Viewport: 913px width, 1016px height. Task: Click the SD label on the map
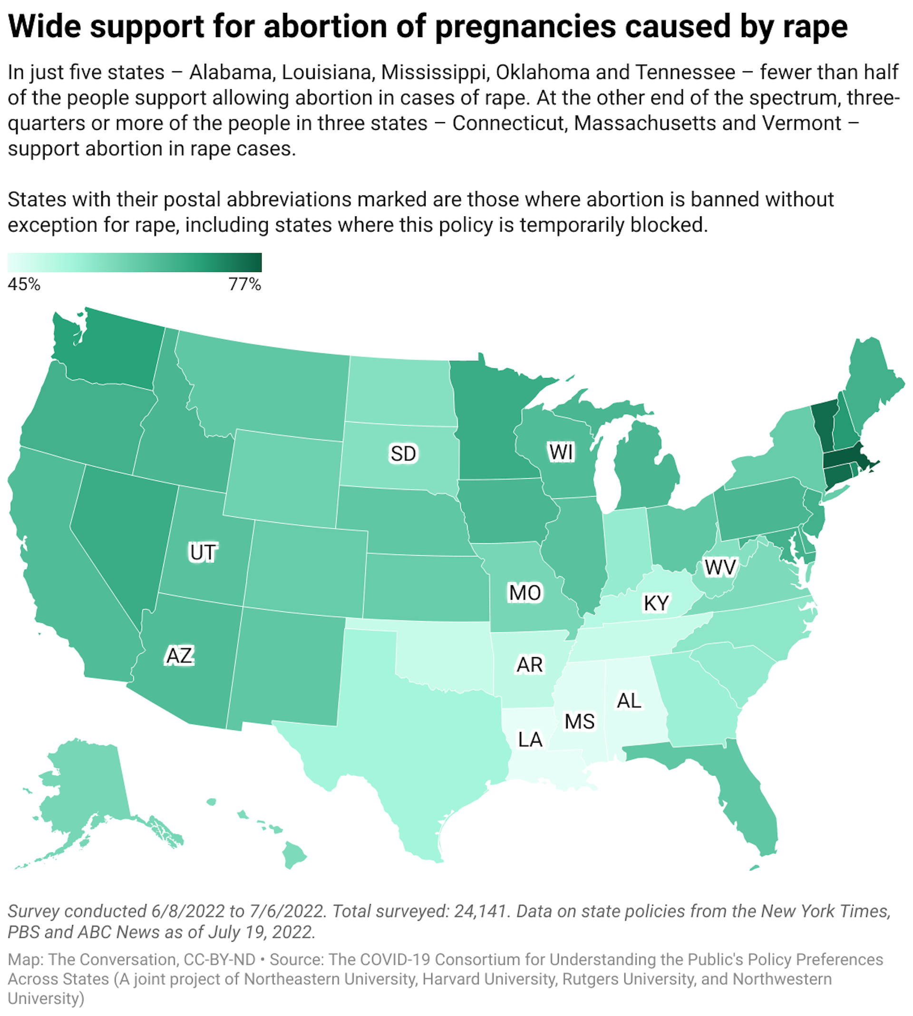coord(403,454)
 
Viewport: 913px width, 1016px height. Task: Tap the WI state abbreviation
coord(560,452)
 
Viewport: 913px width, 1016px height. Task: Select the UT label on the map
coord(203,552)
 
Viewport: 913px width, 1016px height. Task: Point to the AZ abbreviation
coord(180,656)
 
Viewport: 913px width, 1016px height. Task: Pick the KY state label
coord(656,603)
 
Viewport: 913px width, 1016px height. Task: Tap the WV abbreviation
coord(720,568)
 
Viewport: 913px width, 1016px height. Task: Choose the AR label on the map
coord(529,665)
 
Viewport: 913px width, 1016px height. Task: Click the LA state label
coord(530,739)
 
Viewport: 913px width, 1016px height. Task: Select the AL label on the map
coord(629,701)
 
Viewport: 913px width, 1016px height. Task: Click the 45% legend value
coord(24,284)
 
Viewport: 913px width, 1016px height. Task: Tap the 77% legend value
coord(245,284)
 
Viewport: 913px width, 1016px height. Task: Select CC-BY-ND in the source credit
coord(220,959)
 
